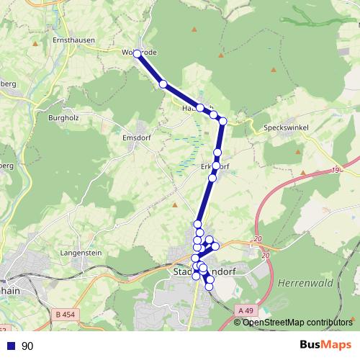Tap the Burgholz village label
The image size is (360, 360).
click(x=62, y=117)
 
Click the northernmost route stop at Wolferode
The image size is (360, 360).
click(x=137, y=53)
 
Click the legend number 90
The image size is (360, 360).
click(x=27, y=346)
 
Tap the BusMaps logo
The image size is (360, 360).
click(x=328, y=346)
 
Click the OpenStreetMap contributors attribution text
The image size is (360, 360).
click(x=297, y=323)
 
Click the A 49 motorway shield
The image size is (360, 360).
click(x=245, y=310)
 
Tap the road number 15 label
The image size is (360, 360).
click(x=335, y=171)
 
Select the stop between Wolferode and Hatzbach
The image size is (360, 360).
click(x=163, y=84)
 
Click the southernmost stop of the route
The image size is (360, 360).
click(x=210, y=287)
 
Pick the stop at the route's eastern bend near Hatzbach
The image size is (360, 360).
click(x=223, y=121)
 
